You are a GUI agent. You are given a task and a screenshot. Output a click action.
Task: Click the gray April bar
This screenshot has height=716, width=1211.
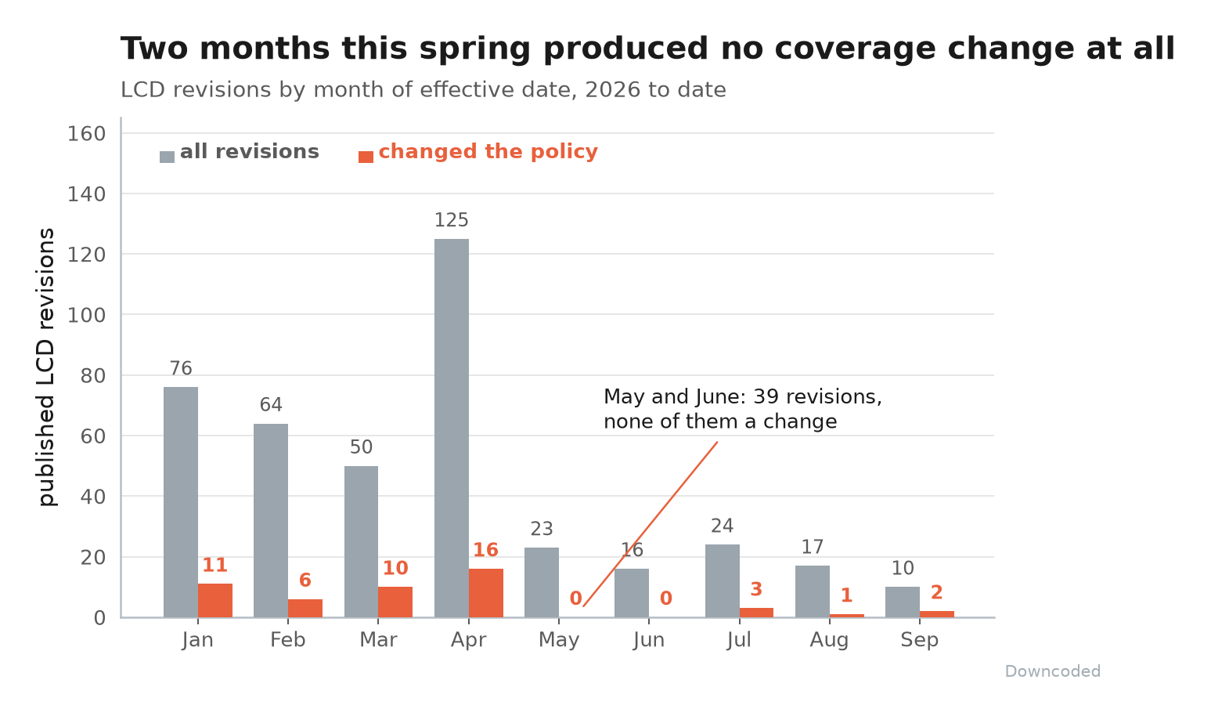[x=452, y=428]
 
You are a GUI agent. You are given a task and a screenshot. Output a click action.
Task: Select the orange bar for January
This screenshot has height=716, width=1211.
[x=215, y=601]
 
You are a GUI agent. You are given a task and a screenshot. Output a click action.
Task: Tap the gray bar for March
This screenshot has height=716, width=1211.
[x=361, y=542]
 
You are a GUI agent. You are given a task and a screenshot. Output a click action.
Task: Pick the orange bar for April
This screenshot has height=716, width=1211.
[x=486, y=593]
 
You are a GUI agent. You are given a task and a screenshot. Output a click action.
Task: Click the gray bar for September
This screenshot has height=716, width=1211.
[x=903, y=602]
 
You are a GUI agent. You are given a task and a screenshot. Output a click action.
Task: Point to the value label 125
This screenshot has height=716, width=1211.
[x=452, y=220]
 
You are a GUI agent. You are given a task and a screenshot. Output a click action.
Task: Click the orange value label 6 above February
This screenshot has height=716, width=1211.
[x=305, y=580]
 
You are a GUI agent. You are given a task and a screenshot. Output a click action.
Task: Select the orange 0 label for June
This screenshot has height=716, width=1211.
[x=666, y=598]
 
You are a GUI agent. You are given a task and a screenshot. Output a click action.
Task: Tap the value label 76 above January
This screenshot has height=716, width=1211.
[x=181, y=368]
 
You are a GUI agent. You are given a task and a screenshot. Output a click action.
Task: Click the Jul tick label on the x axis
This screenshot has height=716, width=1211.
[x=739, y=640]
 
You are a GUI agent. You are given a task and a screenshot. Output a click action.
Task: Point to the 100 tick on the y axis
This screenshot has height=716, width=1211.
[x=86, y=315]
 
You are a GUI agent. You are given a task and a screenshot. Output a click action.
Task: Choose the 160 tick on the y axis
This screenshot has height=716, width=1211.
[x=86, y=134]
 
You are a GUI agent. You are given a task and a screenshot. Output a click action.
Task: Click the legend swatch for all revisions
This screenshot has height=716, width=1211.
[x=167, y=157]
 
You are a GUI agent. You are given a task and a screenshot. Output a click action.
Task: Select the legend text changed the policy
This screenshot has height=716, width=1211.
[x=488, y=151]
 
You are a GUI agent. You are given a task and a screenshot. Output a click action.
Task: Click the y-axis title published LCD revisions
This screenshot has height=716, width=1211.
[x=46, y=367]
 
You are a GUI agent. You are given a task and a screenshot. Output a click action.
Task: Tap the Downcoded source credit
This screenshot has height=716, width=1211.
[x=1053, y=671]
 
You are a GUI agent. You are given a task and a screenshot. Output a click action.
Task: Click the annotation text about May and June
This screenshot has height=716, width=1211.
[x=743, y=409]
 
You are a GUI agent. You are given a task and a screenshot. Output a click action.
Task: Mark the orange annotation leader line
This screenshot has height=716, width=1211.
[x=651, y=524]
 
